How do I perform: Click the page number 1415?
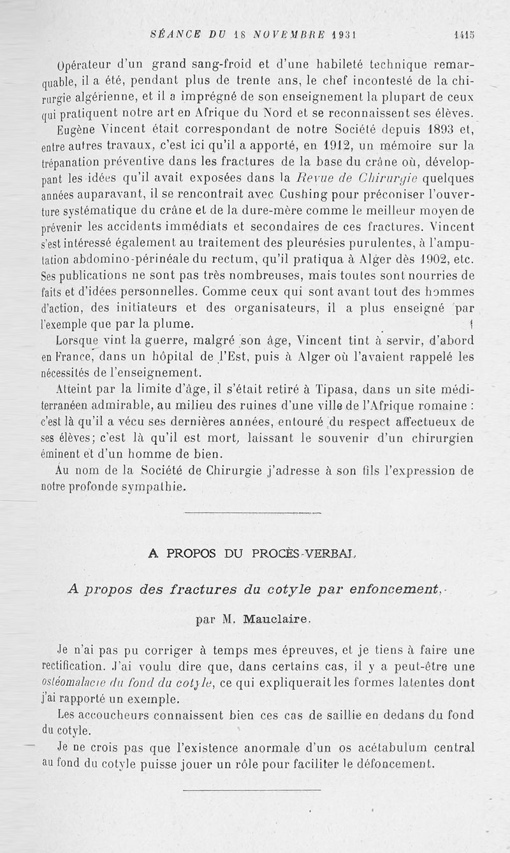click(x=464, y=35)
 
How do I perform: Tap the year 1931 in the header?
click(x=342, y=35)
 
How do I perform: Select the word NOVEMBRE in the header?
click(x=291, y=35)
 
